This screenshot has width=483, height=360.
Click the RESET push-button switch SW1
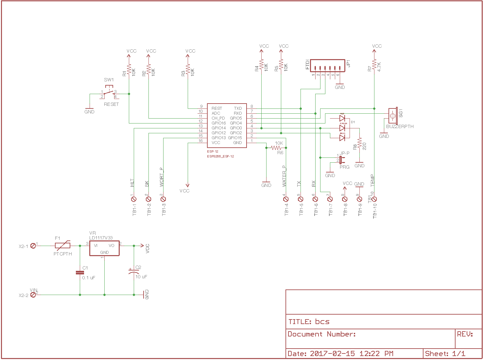pos(109,93)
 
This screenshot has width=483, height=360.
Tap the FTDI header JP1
pos(327,66)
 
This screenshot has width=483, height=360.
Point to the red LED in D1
pos(342,118)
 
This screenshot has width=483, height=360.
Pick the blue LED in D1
pos(342,138)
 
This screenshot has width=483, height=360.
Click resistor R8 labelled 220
pos(359,143)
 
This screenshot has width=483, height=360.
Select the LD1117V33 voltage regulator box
pos(104,248)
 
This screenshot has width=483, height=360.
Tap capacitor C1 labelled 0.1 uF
pos(80,272)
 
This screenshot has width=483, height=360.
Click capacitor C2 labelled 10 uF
pos(134,271)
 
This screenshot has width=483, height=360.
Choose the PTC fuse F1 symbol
pos(62,246)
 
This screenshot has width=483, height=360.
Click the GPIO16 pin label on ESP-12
pos(218,123)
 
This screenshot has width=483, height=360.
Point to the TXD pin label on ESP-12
pos(238,108)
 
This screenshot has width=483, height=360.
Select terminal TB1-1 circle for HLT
pos(134,199)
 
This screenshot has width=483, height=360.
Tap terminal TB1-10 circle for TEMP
pos(374,199)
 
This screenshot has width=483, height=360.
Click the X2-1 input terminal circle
pos(33,246)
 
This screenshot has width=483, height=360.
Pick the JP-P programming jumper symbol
pos(341,159)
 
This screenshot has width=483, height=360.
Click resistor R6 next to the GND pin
pos(276,148)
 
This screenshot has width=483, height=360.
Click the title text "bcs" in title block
pos(322,321)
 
